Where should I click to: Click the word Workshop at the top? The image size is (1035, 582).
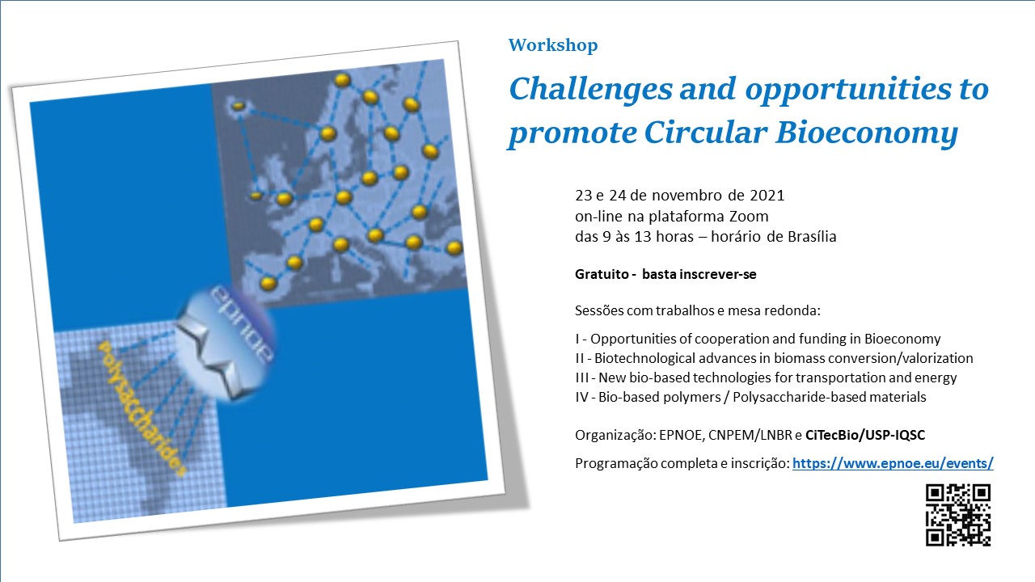[x=553, y=46]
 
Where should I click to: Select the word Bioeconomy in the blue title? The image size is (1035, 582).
[x=867, y=134]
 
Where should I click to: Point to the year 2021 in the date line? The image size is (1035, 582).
[x=767, y=196]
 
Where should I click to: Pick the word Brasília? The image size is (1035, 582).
[x=812, y=237]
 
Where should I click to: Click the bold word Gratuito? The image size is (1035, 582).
[x=602, y=274]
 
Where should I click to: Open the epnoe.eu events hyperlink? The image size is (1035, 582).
[x=893, y=463]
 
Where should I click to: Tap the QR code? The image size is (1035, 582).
[x=958, y=515]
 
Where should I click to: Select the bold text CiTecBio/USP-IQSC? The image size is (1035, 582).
[x=865, y=435]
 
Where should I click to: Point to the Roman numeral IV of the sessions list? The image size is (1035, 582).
[x=581, y=397]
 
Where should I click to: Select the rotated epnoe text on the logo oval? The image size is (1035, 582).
[x=242, y=323]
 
